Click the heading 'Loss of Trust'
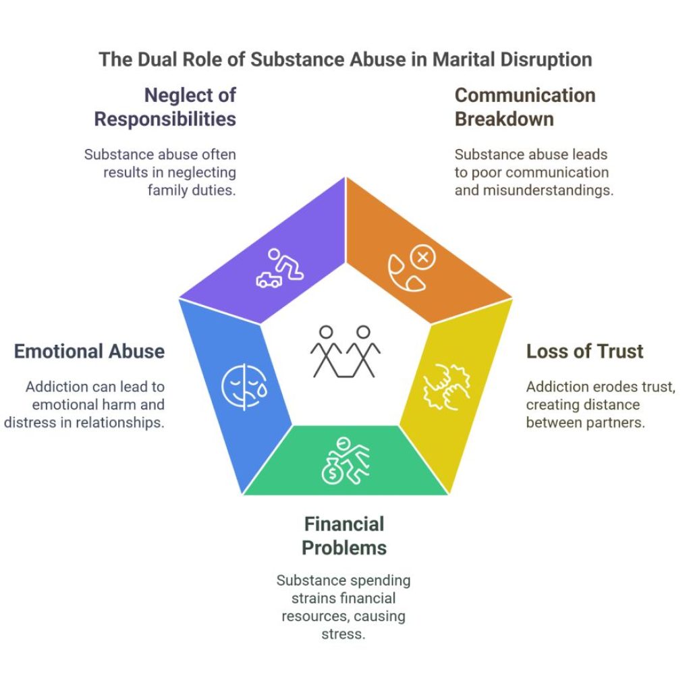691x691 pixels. click(584, 352)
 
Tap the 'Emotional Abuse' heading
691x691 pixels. click(90, 352)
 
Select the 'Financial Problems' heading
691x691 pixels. click(344, 536)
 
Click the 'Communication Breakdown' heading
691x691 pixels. click(525, 107)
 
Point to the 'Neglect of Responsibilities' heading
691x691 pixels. click(165, 107)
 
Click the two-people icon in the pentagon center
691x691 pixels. click(345, 352)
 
